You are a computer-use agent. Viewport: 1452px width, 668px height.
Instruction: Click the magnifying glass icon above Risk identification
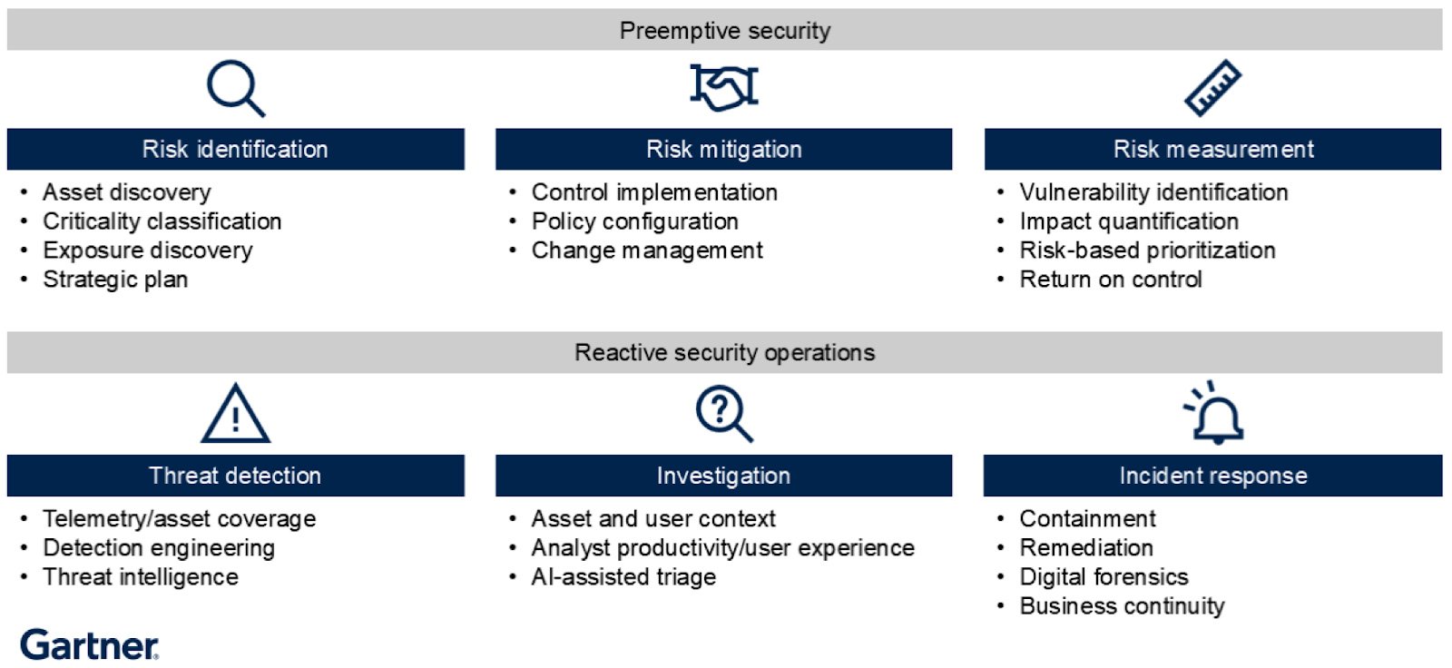click(x=234, y=88)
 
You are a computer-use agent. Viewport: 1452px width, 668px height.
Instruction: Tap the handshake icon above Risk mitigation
click(x=723, y=87)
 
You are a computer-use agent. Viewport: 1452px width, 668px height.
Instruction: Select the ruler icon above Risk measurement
click(x=1212, y=88)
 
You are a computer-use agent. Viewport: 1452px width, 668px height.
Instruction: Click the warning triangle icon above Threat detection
click(x=235, y=415)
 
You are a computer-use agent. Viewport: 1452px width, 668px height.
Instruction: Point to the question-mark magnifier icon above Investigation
click(x=723, y=414)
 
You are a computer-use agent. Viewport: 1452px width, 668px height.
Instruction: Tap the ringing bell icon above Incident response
click(x=1214, y=415)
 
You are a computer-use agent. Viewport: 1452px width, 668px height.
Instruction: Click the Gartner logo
click(x=89, y=645)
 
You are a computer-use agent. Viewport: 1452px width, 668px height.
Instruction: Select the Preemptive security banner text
click(x=724, y=31)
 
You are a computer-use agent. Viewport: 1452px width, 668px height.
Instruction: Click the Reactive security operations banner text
click(x=724, y=353)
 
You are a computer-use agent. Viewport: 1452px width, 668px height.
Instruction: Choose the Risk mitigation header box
click(x=723, y=150)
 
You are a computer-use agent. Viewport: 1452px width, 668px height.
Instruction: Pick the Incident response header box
click(x=1212, y=476)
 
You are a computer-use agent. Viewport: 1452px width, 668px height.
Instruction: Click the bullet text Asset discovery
click(x=126, y=192)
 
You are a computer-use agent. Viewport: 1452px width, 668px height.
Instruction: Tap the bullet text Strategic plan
click(x=115, y=280)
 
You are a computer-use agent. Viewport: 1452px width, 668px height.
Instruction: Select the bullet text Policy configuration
click(x=634, y=221)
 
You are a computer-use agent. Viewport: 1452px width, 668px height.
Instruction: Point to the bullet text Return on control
click(x=1111, y=280)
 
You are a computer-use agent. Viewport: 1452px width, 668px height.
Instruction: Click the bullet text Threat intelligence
click(x=141, y=577)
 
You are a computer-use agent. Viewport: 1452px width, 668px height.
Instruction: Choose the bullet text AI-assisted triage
click(x=623, y=577)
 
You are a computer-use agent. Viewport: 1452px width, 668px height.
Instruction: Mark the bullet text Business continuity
click(x=1122, y=606)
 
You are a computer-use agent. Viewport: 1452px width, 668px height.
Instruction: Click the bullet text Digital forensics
click(x=1104, y=577)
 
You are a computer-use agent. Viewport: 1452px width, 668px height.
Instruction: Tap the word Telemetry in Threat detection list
click(x=87, y=519)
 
